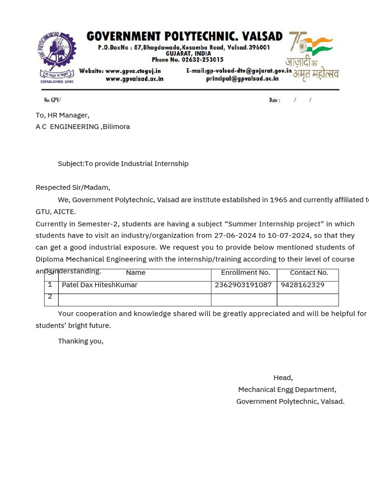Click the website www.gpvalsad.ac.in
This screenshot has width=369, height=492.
(135, 79)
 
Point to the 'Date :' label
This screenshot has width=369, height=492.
(275, 100)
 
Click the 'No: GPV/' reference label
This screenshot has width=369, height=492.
(52, 100)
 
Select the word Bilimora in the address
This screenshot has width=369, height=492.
(116, 126)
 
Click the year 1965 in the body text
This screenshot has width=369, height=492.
(278, 200)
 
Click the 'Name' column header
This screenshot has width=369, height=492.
(135, 272)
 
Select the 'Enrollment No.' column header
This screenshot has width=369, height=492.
(246, 272)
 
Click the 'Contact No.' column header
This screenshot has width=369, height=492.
(309, 272)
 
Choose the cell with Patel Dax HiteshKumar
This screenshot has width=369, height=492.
(99, 285)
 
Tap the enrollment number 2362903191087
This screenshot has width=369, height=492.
(243, 285)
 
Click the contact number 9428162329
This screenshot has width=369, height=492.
(303, 285)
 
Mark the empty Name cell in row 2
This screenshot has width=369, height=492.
(135, 300)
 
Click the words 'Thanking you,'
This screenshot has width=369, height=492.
(81, 341)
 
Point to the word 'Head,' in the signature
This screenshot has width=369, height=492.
(283, 378)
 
